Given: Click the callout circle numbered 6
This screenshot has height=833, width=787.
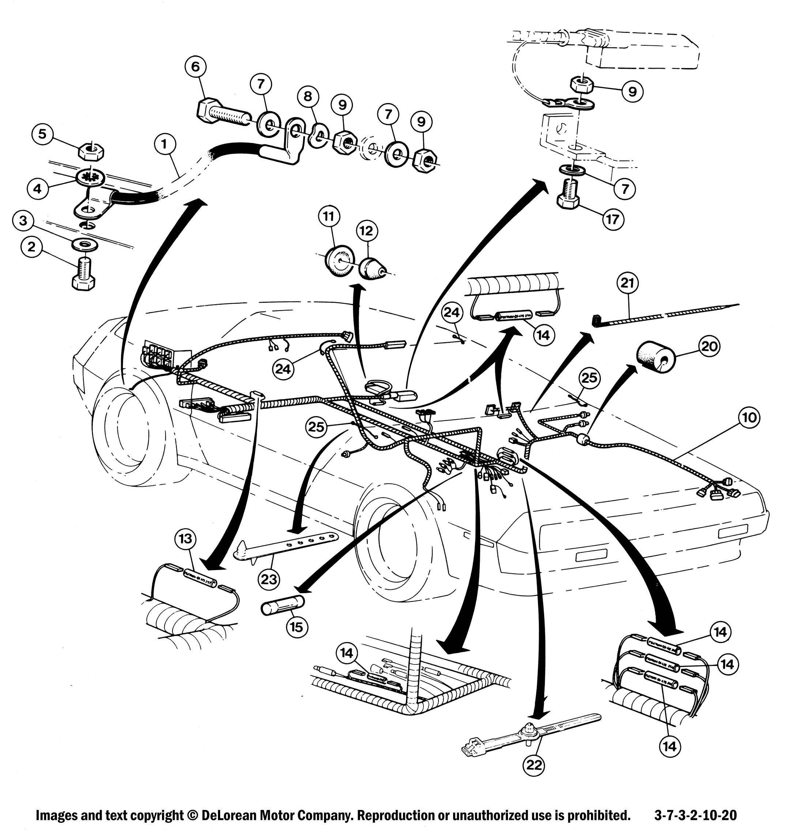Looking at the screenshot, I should (199, 66).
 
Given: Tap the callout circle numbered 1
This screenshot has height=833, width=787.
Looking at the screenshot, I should (165, 145).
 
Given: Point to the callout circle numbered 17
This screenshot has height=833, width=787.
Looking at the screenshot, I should (613, 219).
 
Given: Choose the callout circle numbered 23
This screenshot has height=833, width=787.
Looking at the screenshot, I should (269, 579).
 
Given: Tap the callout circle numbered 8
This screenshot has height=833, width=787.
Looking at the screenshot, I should (308, 97).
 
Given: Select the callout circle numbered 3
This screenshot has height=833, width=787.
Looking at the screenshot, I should (23, 220).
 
